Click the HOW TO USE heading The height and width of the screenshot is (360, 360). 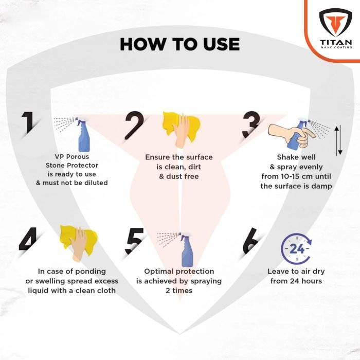[180, 44]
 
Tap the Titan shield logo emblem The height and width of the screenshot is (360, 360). [335, 23]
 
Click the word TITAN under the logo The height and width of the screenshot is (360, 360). [336, 42]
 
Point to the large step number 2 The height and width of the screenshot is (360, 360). [135, 125]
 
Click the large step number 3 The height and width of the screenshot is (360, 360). [251, 124]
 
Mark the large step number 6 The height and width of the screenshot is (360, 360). [251, 241]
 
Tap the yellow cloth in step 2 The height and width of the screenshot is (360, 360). [182, 126]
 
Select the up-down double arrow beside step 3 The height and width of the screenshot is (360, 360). [338, 140]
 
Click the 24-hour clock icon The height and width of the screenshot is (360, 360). [296, 248]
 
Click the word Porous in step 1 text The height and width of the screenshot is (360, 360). [78, 157]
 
